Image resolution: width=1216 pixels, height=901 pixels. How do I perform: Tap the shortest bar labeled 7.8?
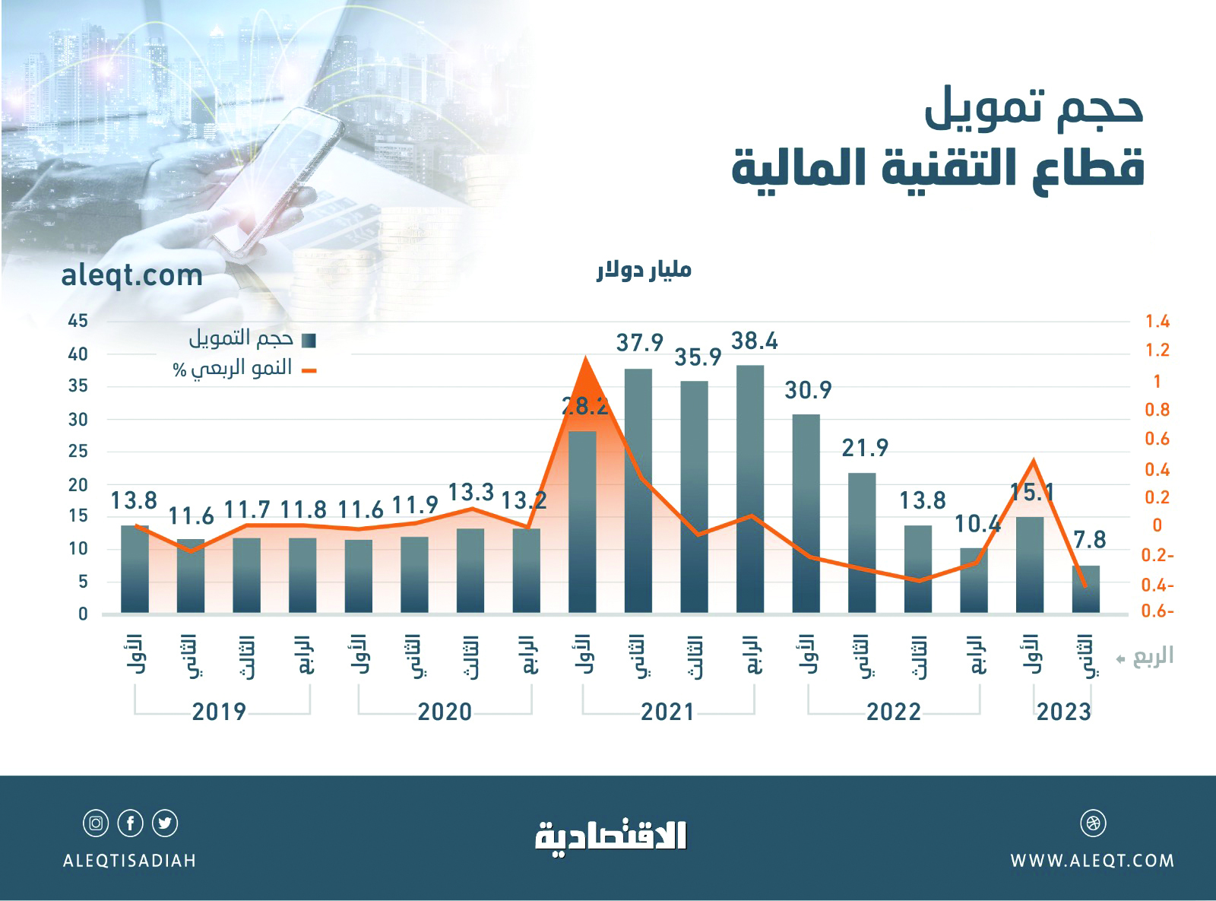coord(1086,589)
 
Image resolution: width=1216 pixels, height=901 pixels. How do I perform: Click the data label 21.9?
coord(865,448)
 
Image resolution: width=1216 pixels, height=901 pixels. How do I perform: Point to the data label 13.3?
coord(470,493)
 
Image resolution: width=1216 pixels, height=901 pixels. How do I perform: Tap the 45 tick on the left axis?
coord(78,321)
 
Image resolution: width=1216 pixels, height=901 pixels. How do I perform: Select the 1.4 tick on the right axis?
coord(1157,321)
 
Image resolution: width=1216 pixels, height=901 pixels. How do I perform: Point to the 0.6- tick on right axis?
coord(1157,611)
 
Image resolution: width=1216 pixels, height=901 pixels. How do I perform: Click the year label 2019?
coord(219,712)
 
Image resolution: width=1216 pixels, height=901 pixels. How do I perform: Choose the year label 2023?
coord(1063,712)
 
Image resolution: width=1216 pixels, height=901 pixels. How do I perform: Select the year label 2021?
coord(667,712)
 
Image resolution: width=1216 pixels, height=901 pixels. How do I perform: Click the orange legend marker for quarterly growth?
coord(309,370)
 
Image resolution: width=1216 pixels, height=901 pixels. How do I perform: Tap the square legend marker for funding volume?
coord(309,340)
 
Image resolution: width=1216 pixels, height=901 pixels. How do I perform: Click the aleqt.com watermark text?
coord(131,275)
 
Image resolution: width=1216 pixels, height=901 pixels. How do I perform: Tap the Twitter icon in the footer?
coord(165,823)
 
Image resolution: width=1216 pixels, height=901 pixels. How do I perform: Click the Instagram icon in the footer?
coord(96,823)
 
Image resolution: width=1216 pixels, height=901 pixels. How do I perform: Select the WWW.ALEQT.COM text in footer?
coord(1092,861)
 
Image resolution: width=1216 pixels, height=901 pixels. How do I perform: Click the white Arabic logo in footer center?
coord(611,836)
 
